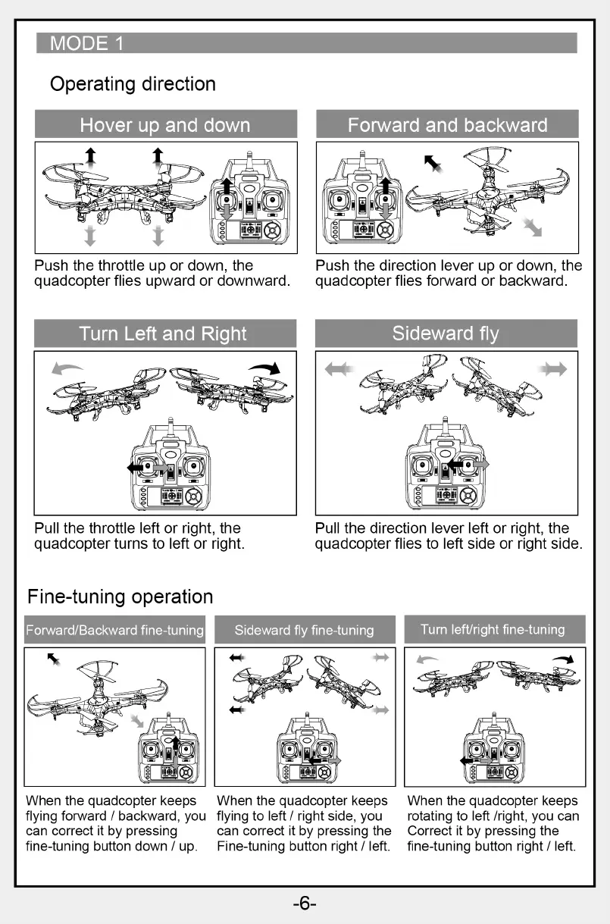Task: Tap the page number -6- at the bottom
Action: click(x=304, y=903)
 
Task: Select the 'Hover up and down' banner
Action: click(x=165, y=125)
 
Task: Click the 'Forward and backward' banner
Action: click(x=447, y=125)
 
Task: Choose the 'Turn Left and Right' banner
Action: click(x=164, y=334)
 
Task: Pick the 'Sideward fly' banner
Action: click(x=446, y=334)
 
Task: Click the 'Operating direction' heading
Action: click(x=133, y=84)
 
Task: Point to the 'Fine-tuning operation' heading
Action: click(x=120, y=597)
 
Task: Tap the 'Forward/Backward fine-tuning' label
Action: click(x=115, y=630)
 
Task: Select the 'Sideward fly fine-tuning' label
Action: click(x=304, y=630)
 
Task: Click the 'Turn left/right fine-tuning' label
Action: click(x=493, y=629)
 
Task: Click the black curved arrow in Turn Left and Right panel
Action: click(x=265, y=368)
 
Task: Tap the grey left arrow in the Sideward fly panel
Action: click(x=339, y=369)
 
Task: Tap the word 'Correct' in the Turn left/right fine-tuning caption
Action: click(x=430, y=831)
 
